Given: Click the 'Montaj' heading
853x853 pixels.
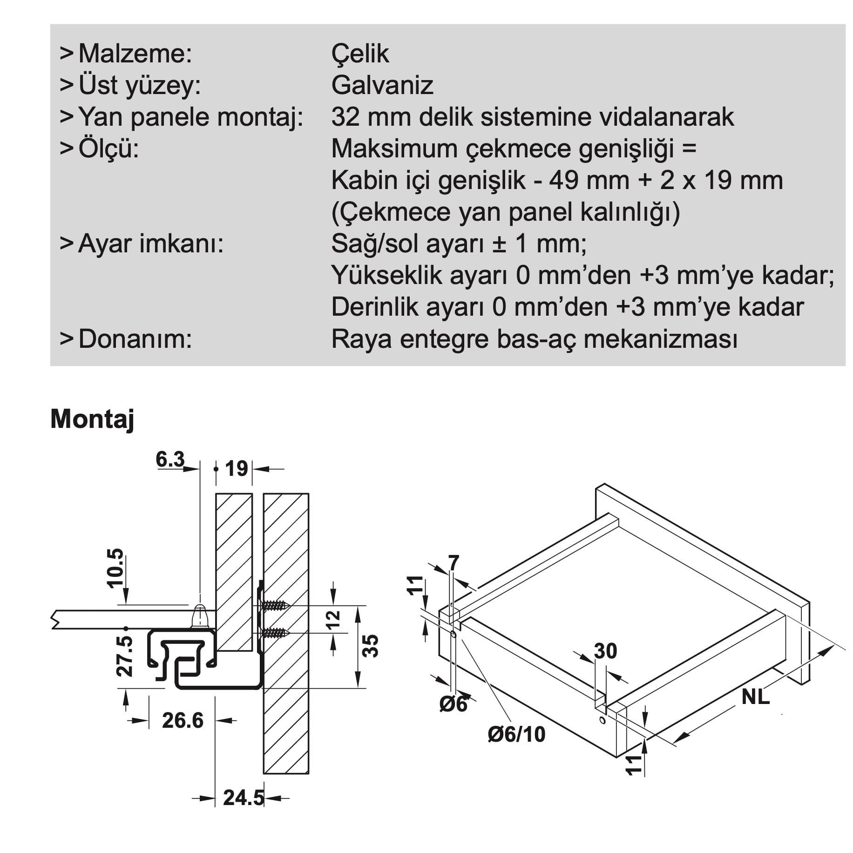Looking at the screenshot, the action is [x=92, y=420].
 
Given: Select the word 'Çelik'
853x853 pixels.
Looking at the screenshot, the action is [x=360, y=54].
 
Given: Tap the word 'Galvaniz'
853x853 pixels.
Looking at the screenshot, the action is [x=382, y=85].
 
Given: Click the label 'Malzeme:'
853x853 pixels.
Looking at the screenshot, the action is [x=135, y=54].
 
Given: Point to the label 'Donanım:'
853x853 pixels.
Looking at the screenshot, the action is [x=135, y=339].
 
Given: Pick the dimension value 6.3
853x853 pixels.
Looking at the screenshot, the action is [x=170, y=460].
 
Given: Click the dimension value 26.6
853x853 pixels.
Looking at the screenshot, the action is [x=183, y=720].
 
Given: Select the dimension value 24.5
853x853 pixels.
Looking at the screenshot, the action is [x=244, y=798].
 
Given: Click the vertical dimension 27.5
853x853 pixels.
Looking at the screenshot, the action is [x=124, y=657].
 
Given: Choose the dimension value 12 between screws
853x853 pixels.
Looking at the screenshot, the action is [x=334, y=619].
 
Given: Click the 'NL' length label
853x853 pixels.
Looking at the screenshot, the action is [x=756, y=697].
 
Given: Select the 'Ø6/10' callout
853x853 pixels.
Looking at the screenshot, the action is [x=516, y=734].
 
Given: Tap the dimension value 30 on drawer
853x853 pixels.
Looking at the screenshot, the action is [x=606, y=651].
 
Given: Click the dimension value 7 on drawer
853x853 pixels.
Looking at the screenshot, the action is [x=454, y=562].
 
